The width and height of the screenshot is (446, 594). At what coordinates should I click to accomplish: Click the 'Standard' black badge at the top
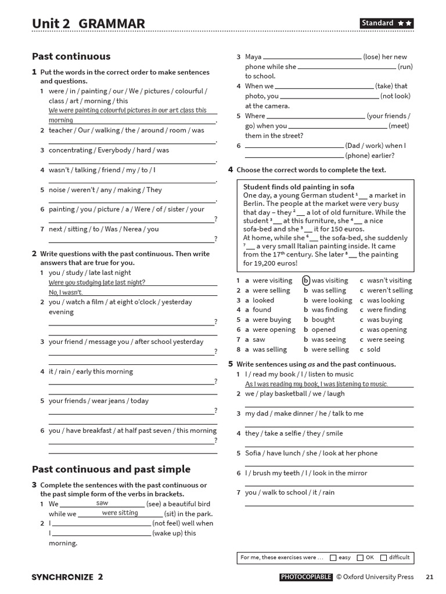(387, 23)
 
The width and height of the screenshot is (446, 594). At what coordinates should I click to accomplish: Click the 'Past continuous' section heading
(71, 56)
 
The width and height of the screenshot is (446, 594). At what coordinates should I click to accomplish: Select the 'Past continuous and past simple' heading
(111, 469)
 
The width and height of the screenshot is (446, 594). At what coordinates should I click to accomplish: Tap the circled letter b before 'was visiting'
(306, 280)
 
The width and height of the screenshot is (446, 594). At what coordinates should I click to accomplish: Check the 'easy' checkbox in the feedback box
(333, 557)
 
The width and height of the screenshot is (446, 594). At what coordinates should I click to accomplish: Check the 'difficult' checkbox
(383, 557)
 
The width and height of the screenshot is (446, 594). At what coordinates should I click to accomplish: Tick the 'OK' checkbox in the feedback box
(360, 557)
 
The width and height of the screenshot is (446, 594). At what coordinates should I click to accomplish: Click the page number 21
(429, 577)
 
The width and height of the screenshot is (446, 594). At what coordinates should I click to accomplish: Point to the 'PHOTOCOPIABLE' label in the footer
(306, 577)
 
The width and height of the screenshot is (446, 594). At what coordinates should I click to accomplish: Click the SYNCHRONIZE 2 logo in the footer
(67, 577)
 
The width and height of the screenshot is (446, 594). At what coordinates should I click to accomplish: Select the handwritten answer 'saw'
(102, 503)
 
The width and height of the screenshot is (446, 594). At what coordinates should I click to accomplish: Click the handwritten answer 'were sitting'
(120, 513)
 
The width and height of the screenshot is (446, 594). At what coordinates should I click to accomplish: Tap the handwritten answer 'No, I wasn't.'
(66, 292)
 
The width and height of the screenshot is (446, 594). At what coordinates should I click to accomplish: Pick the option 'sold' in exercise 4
(373, 349)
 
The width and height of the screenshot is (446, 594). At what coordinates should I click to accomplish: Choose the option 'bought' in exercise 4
(323, 320)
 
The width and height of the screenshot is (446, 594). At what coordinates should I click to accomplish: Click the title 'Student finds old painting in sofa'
(298, 187)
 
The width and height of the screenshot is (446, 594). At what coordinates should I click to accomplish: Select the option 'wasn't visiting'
(389, 280)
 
